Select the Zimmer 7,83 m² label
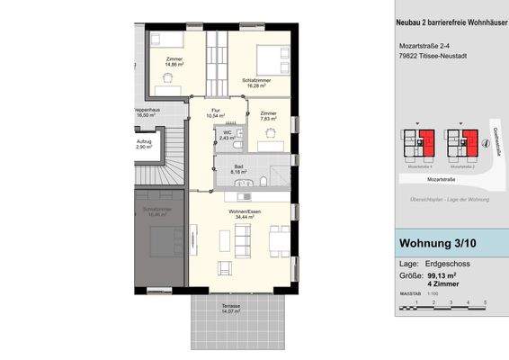pyautogui.click(x=269, y=115)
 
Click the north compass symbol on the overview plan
pyautogui.click(x=496, y=139)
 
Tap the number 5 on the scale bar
pyautogui.click(x=485, y=302)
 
